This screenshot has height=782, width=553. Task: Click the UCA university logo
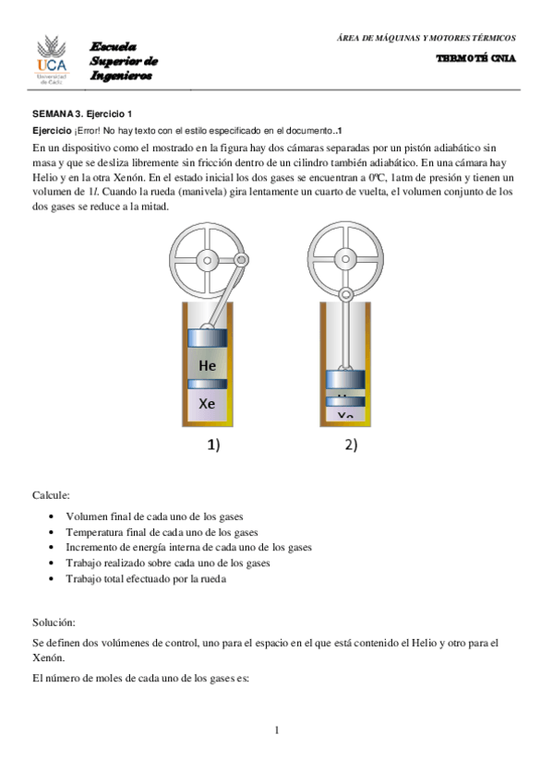pyautogui.click(x=52, y=59)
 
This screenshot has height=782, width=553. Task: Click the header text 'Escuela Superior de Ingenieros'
pyautogui.click(x=124, y=61)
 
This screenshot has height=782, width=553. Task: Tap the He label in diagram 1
pyautogui.click(x=208, y=365)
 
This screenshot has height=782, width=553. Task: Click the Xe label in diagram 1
pyautogui.click(x=208, y=403)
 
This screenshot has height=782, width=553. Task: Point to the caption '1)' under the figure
pyautogui.click(x=212, y=445)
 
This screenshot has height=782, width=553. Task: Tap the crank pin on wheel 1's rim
pyautogui.click(x=241, y=262)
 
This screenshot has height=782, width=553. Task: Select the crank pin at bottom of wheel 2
pyautogui.click(x=344, y=294)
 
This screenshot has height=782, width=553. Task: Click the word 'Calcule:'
pyautogui.click(x=51, y=496)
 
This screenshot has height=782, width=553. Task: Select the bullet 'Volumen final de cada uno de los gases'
pyautogui.click(x=154, y=516)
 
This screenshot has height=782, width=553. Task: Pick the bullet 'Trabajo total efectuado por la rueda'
pyautogui.click(x=146, y=579)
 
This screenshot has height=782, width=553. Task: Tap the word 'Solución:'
pyautogui.click(x=54, y=623)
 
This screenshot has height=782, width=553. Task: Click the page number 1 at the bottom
pyautogui.click(x=276, y=730)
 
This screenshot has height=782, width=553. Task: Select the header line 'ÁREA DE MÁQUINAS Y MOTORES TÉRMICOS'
pyautogui.click(x=426, y=38)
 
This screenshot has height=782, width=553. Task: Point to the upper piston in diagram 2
pyautogui.click(x=344, y=378)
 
